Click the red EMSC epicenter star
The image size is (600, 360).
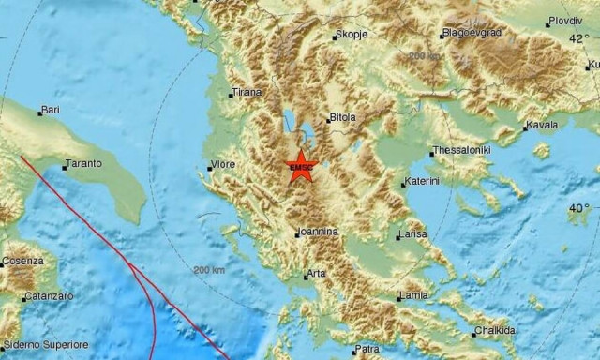pyautogui.click(x=301, y=166)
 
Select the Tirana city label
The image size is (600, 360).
pyautogui.click(x=247, y=93)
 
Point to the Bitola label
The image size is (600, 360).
pyautogui.click(x=342, y=118)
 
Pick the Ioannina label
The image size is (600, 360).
pyautogui.click(x=316, y=232)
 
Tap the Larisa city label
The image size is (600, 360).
pyautogui.click(x=413, y=233)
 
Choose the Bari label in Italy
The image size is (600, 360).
pyautogui.click(x=50, y=110)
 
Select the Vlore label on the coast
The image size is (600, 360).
pyautogui.click(x=222, y=165)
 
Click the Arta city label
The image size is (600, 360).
pyautogui.click(x=316, y=274)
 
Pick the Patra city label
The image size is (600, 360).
pyautogui.click(x=366, y=350)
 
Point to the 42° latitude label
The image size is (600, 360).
pyautogui.click(x=579, y=37)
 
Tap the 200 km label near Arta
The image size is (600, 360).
pyautogui.click(x=209, y=270)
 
